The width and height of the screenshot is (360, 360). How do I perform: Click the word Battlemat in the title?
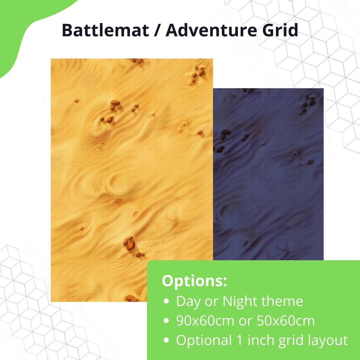tap(105, 31)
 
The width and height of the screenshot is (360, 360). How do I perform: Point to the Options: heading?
tap(194, 281)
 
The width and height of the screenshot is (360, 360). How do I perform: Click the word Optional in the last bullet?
tap(204, 340)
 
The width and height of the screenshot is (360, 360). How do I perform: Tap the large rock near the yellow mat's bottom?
tap(129, 244)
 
